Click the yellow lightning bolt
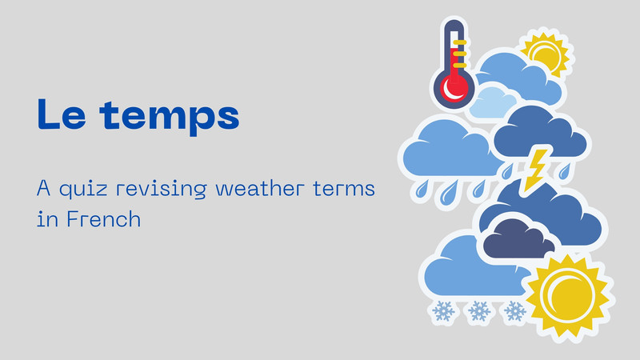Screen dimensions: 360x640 coord(534,169)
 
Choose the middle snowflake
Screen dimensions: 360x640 coord(478,310)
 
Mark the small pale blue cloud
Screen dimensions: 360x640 coord(492,102)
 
